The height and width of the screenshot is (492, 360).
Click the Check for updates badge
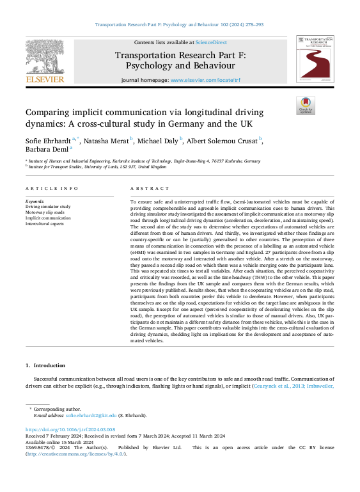pyautogui.click(x=305, y=106)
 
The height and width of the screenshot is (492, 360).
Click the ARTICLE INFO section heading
pyautogui.click(x=52, y=188)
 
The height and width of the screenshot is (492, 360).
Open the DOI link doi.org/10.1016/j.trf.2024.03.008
pyautogui.click(x=70, y=430)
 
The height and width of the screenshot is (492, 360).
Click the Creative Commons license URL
pyautogui.click(x=75, y=454)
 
